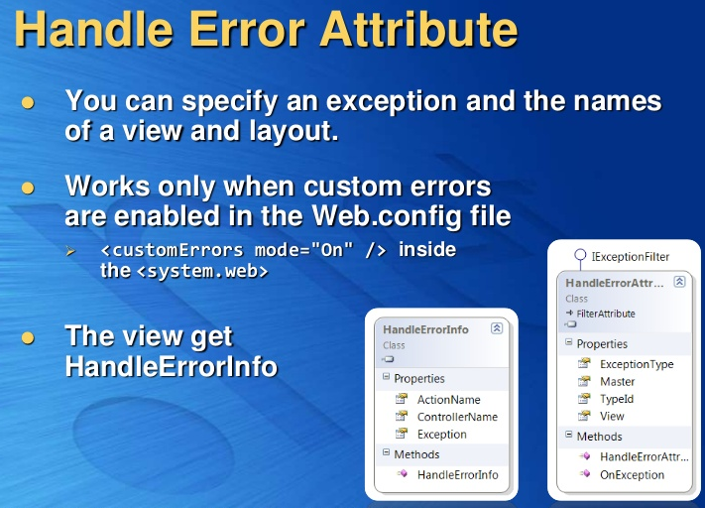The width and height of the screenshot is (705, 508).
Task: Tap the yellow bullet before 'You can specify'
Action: [28, 102]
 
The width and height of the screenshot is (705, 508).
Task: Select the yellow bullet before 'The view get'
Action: [28, 338]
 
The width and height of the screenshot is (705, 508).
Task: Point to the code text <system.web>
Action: [201, 270]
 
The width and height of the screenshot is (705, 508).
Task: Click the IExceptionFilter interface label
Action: [630, 256]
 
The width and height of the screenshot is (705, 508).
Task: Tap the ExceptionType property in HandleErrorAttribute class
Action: [636, 364]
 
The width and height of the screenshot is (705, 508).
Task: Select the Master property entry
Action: [617, 382]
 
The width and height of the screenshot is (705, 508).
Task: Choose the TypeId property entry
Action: [616, 399]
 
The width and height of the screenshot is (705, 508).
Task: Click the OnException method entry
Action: [632, 474]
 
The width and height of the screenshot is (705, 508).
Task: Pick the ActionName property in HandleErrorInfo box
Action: [448, 400]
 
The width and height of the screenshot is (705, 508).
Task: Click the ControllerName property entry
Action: [457, 417]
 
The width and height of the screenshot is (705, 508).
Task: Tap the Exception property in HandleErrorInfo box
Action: [441, 435]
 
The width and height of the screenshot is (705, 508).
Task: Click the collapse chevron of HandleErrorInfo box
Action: [497, 328]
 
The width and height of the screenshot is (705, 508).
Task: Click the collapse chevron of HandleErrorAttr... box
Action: [679, 282]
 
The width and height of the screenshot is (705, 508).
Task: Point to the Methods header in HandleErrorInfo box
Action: [415, 454]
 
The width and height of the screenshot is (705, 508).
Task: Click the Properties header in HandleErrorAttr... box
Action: [602, 343]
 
